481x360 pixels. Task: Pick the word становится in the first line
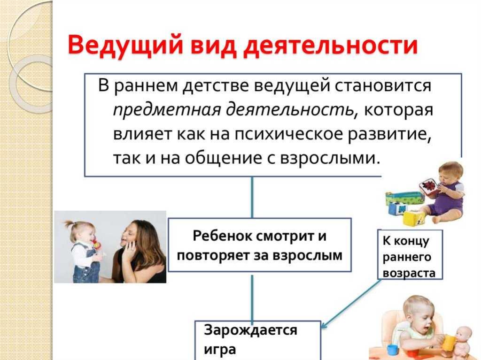coord(382,85)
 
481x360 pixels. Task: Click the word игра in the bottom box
coord(220,350)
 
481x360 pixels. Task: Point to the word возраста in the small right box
coord(409,273)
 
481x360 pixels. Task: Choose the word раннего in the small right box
coord(407,257)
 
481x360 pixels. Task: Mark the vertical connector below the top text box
coord(252,197)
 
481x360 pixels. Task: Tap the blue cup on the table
coord(392,350)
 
